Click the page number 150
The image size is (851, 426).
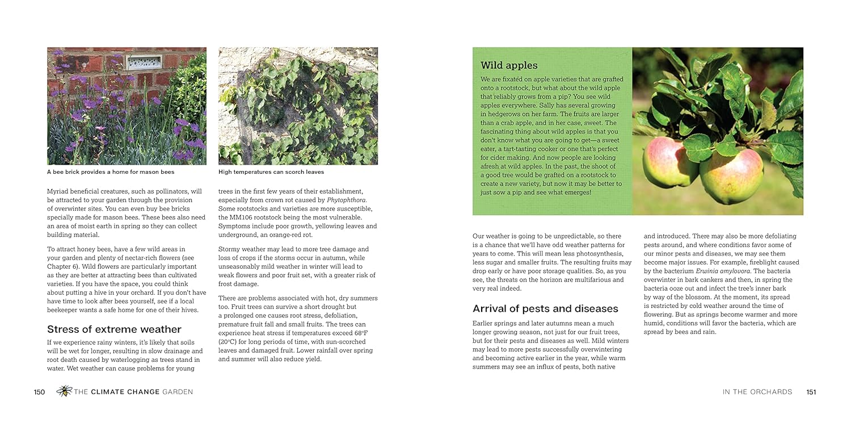pos(39,392)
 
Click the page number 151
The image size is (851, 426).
pos(811,392)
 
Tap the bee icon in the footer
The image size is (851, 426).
pos(64,391)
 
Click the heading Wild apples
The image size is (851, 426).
pos(509,65)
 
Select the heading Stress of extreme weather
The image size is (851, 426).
pos(114,329)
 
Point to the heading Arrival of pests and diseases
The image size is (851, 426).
pos(545,309)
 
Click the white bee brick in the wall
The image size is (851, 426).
pos(144,62)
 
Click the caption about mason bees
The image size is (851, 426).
pos(111,172)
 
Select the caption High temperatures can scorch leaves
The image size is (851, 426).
pos(271,172)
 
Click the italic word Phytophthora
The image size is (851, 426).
pos(347,200)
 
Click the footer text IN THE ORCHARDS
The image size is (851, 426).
pos(757,392)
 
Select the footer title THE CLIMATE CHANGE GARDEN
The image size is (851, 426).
pos(133,392)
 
